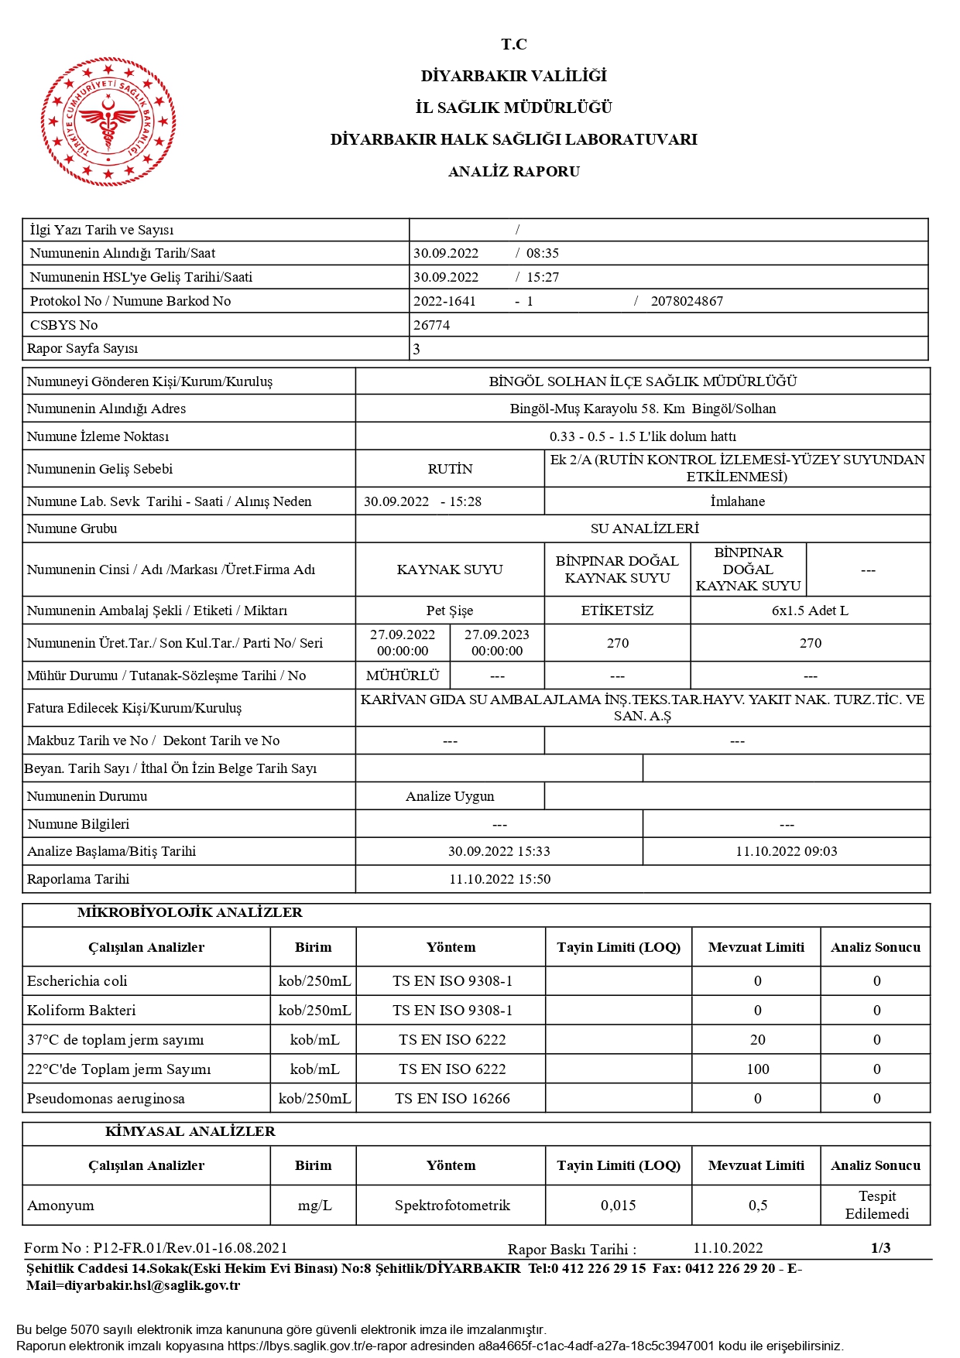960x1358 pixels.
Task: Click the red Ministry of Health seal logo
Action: (x=108, y=121)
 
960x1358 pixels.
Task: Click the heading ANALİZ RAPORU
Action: (x=514, y=172)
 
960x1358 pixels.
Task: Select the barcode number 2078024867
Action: (x=687, y=301)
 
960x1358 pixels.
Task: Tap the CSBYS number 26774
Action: (x=431, y=325)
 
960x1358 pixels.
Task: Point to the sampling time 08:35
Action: (x=542, y=253)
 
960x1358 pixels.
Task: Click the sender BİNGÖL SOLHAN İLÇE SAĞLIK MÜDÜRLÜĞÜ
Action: (x=643, y=381)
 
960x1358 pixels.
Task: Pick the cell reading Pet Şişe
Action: (x=450, y=611)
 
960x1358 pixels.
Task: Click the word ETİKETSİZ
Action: (x=617, y=611)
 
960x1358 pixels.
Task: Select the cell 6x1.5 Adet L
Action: (x=810, y=611)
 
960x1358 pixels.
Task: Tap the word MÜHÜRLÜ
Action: (x=403, y=676)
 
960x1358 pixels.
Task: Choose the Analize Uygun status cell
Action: (x=450, y=796)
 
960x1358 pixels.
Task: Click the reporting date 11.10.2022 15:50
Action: (x=499, y=879)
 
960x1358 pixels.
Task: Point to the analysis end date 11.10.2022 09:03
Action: (x=786, y=851)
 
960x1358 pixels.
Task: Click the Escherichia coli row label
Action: (x=77, y=981)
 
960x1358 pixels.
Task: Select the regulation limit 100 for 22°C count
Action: (x=757, y=1069)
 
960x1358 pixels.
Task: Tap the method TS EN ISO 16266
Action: (x=452, y=1099)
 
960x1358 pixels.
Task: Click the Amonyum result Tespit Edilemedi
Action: (x=876, y=1205)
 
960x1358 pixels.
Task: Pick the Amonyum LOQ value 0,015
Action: (x=618, y=1206)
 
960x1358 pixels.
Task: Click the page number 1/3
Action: (x=880, y=1248)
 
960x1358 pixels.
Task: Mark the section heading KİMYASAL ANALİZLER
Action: (x=190, y=1131)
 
